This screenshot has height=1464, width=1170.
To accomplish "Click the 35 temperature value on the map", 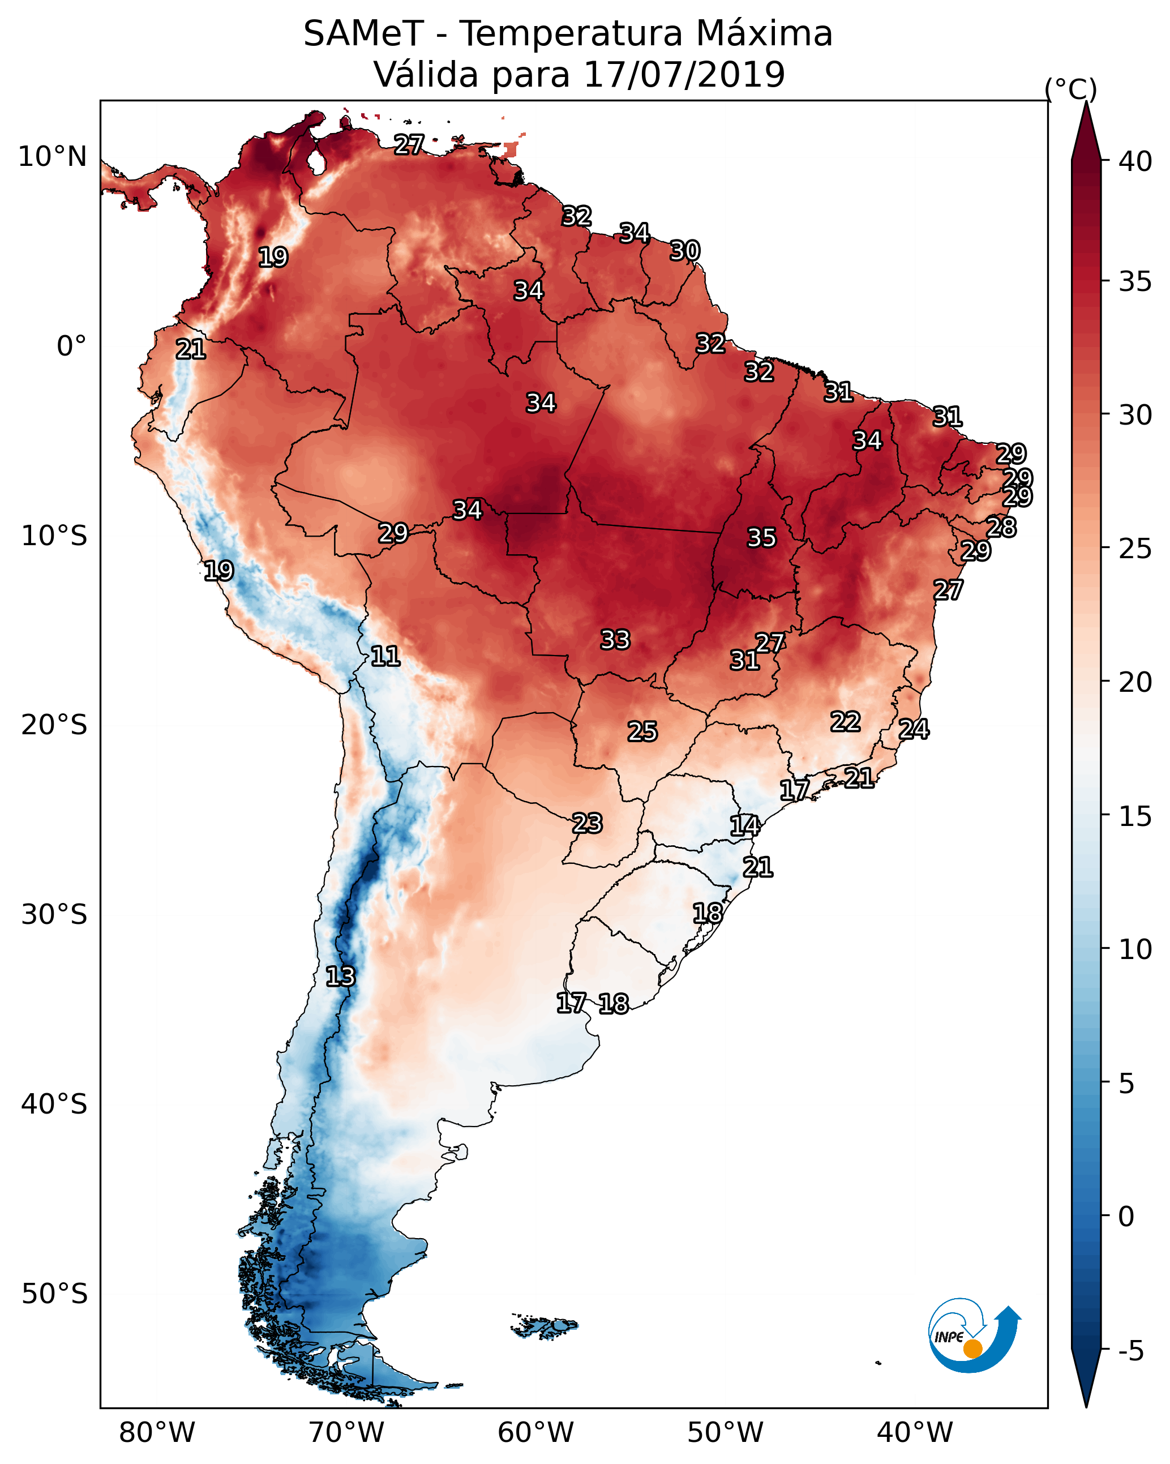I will point(761,538).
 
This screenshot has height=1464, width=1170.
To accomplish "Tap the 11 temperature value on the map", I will point(385,656).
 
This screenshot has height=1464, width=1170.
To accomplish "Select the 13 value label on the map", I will point(340,977).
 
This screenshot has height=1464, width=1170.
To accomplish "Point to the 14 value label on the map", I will point(744,826).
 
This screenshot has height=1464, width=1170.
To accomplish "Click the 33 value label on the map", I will point(615,640).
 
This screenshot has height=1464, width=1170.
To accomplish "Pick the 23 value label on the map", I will point(586,824).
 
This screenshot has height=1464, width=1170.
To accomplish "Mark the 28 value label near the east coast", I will point(1001,528).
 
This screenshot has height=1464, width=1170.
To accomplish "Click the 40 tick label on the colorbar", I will point(1135,161).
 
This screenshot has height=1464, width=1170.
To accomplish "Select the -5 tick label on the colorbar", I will point(1130,1351).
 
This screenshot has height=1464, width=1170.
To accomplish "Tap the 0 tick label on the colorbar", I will point(1126,1217).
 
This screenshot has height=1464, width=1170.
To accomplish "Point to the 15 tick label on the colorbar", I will point(1135,816).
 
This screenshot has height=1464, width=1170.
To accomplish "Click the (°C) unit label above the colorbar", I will point(1070,89).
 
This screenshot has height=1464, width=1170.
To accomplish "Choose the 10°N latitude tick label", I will point(52,157).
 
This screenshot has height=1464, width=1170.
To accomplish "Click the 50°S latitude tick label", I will point(54,1294).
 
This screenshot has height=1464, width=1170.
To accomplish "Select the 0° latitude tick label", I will point(71,346).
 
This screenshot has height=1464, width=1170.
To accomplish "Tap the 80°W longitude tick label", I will point(157,1433).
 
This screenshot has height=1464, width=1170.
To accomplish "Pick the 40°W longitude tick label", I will point(915,1433).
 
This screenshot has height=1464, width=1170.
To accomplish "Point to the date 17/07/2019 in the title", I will point(684,75).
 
